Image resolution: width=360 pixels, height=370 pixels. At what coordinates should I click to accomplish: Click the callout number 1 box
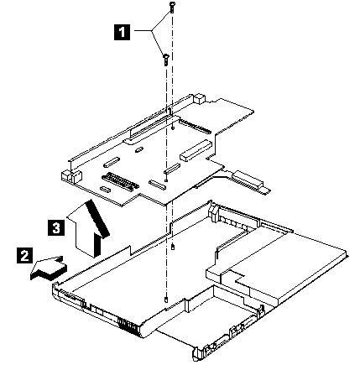122,32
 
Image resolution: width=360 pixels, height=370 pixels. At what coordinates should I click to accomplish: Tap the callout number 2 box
25,255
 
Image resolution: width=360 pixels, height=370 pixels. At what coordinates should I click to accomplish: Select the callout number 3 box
56,227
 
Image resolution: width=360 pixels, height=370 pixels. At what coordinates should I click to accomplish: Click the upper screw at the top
171,8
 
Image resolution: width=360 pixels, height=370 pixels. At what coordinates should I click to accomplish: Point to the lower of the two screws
165,60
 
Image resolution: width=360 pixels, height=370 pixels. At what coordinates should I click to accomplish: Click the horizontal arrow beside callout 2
49,268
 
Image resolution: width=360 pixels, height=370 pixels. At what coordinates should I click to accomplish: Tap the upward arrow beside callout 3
88,228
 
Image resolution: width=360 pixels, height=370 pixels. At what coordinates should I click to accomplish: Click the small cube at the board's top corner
201,98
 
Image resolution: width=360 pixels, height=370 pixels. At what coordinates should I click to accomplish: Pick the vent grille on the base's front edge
128,326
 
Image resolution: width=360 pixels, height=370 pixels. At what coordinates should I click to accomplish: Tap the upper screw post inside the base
173,247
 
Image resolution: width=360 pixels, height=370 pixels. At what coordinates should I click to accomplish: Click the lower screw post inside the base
167,300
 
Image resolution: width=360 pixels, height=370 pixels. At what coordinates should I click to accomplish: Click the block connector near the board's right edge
196,150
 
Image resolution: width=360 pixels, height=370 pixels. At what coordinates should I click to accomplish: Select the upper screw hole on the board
173,128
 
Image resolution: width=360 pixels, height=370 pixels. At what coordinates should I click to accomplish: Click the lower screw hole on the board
166,180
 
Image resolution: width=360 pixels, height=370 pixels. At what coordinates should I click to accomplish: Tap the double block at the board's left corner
71,175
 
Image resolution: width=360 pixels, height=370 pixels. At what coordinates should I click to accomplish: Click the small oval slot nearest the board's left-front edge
106,189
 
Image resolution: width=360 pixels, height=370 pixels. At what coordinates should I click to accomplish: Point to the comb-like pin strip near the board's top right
195,126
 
